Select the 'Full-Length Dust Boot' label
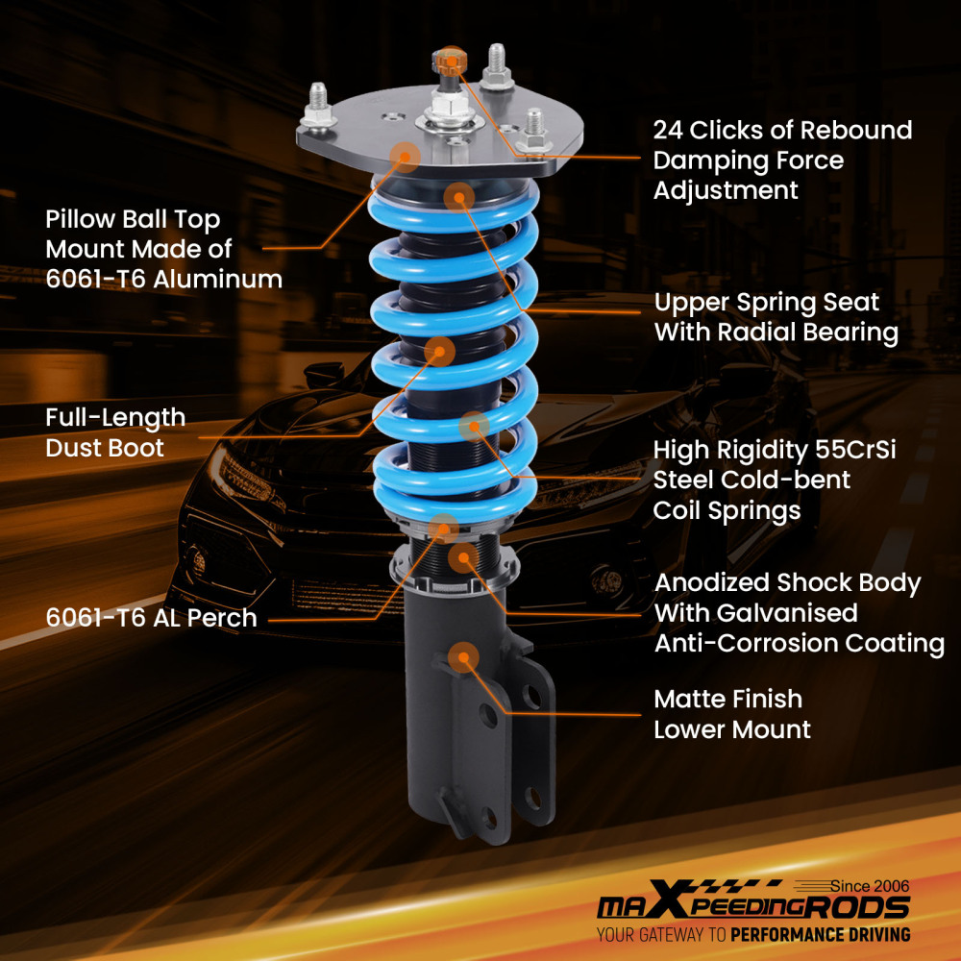point(115,432)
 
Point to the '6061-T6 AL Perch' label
point(151,618)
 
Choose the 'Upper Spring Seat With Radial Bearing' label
point(776,317)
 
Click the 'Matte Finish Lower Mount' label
point(731,714)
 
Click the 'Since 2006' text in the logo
point(869,886)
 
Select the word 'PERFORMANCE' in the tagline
point(790,934)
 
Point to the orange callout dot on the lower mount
point(464,657)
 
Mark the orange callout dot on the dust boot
point(439,350)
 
